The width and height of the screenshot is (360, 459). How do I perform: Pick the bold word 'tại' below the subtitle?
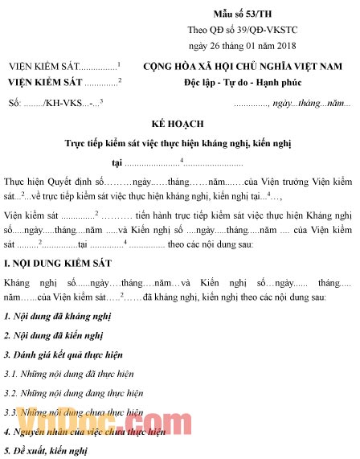118,163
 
